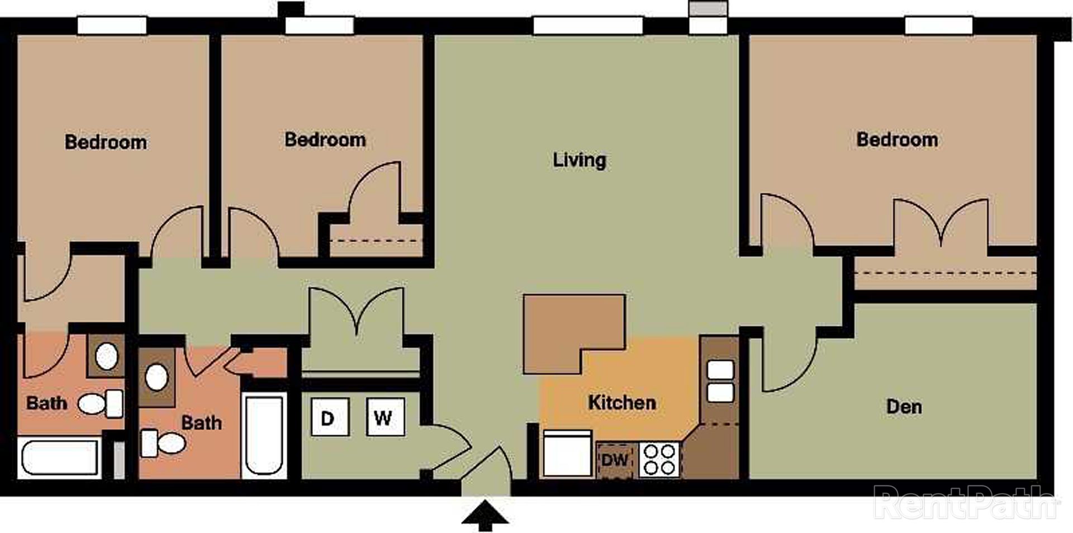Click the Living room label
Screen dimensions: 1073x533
pos(580,160)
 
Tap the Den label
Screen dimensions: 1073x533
pos(904,407)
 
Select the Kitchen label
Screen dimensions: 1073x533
pos(621,403)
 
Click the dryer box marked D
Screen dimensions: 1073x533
pos(330,417)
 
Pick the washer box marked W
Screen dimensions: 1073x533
pos(385,417)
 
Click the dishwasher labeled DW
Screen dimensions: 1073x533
pos(615,460)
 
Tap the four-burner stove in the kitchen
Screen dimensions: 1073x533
pos(659,460)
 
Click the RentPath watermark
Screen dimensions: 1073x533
pos(965,502)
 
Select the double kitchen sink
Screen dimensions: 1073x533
pos(720,381)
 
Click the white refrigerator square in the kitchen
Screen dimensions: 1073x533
pos(567,454)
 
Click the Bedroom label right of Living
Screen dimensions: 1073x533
pos(897,139)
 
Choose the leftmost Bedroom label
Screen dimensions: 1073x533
pos(106,142)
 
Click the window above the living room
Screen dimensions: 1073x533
pos(588,26)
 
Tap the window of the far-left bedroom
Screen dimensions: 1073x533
pos(112,26)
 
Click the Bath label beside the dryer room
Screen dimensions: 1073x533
pos(201,423)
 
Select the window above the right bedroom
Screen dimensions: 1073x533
pos(939,26)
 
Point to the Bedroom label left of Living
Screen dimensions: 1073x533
pos(325,139)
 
